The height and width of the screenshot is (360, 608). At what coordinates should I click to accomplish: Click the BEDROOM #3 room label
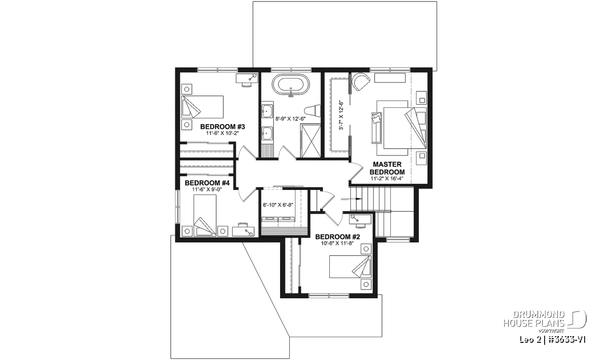[x=222, y=127]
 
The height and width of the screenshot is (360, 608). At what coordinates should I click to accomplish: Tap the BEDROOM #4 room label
[x=207, y=183]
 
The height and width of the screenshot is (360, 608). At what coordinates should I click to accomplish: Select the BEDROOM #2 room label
[x=337, y=237]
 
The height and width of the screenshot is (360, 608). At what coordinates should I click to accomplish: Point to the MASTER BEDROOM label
[x=387, y=168]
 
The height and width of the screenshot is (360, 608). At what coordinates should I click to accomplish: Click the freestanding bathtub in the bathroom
[x=291, y=85]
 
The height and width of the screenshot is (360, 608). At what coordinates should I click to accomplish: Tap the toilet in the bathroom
[x=312, y=111]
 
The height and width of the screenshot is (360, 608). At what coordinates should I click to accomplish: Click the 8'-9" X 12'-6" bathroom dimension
[x=290, y=118]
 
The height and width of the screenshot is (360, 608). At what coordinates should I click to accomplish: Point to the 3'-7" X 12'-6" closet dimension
[x=341, y=115]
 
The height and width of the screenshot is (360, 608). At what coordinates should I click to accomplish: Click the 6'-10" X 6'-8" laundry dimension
[x=278, y=205]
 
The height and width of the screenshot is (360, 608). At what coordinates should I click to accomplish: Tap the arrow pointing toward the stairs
[x=352, y=199]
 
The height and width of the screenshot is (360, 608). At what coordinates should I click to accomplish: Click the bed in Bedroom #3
[x=202, y=107]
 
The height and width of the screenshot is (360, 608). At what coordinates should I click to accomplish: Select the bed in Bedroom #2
[x=350, y=266]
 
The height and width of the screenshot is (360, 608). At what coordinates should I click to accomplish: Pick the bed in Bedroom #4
[x=205, y=215]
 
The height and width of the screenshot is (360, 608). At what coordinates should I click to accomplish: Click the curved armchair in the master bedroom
[x=361, y=82]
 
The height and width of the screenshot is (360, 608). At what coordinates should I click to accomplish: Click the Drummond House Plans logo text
[x=534, y=319]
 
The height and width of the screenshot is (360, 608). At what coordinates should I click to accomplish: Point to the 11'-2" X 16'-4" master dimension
[x=387, y=179]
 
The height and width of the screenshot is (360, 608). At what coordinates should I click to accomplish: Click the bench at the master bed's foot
[x=377, y=128]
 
